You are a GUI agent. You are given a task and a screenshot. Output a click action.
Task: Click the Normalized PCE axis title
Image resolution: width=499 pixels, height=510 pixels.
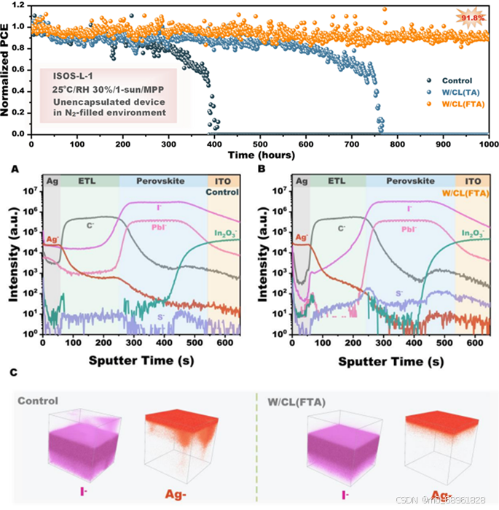point(8,69)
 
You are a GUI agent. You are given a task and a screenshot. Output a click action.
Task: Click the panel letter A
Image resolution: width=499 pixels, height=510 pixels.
point(13,168)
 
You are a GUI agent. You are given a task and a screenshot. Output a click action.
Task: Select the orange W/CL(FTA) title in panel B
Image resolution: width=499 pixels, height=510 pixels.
point(444,193)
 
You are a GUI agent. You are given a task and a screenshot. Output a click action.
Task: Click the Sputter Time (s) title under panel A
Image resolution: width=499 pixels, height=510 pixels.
point(140,360)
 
